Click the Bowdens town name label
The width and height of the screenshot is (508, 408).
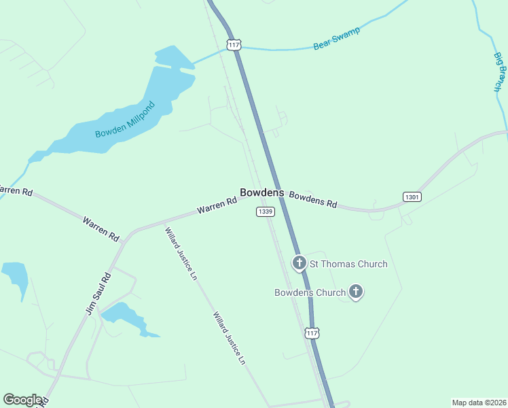click(261, 193)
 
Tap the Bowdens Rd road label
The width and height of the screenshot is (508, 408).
click(313, 199)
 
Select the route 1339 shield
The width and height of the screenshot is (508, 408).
click(266, 212)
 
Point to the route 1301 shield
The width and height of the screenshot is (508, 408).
click(412, 197)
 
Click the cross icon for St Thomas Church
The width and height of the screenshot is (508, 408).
click(299, 263)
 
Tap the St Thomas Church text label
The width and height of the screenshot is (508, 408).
click(348, 264)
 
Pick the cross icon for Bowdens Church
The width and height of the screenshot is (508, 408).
click(356, 292)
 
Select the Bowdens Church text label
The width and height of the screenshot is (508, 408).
click(310, 293)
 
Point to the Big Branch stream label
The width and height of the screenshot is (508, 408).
click(501, 70)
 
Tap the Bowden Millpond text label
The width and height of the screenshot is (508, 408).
click(125, 120)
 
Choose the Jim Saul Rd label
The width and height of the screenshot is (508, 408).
click(98, 294)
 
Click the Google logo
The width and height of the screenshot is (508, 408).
click(22, 400)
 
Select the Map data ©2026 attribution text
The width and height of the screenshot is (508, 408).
click(479, 403)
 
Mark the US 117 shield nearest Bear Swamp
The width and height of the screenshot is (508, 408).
click(234, 45)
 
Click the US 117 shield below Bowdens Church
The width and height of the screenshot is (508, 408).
click(311, 333)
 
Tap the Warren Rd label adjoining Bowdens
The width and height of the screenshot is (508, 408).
click(217, 206)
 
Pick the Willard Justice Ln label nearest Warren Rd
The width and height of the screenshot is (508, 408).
click(181, 250)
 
